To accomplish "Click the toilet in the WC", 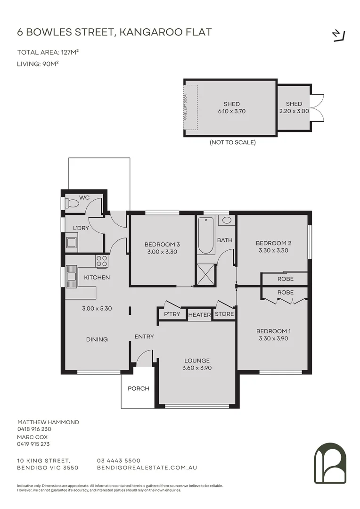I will click(x=72, y=204).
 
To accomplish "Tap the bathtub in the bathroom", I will click(x=206, y=235).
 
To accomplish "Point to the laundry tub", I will click(x=72, y=243).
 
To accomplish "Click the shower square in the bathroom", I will click(x=205, y=275).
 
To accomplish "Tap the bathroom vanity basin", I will click(x=227, y=220).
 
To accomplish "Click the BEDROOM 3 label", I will click(x=162, y=244).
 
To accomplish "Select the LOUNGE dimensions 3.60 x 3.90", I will click(x=196, y=368).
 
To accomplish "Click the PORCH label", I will click(x=139, y=388).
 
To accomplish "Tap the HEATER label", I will click(x=199, y=315).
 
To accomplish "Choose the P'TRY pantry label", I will click(x=172, y=314).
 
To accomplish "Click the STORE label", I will click(x=224, y=314).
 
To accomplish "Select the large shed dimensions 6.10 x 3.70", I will click(x=232, y=112).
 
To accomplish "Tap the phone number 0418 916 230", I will click(x=34, y=429).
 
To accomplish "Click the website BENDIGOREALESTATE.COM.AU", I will click(x=147, y=468).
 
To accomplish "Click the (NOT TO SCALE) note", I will click(x=233, y=142).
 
